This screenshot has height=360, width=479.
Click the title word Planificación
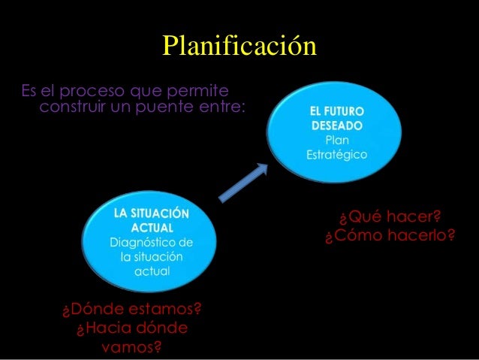pos(239,47)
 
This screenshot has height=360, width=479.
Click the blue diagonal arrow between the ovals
pos(243,183)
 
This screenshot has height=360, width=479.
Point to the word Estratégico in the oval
pos(336,155)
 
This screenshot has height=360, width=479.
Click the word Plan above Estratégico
pos(336,140)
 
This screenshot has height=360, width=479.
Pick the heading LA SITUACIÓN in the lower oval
pos(152,213)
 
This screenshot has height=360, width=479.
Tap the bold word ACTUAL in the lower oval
pos(152,227)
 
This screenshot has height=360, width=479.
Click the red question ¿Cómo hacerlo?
pos(390,237)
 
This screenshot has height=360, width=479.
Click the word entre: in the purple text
pos(221,108)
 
